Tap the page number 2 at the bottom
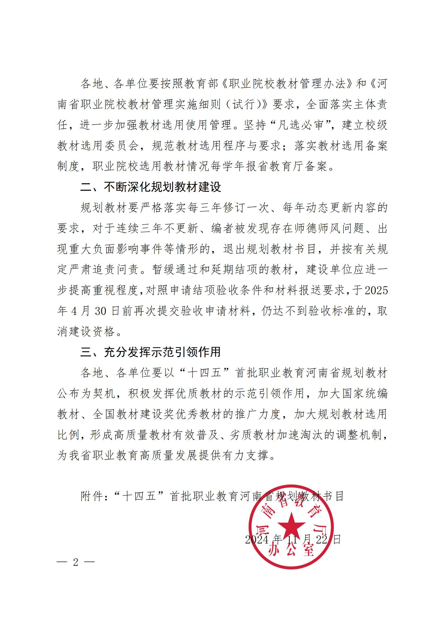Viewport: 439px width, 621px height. [76, 562]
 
